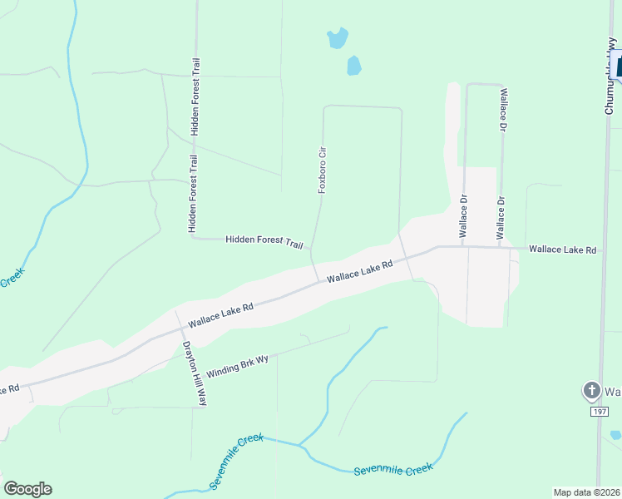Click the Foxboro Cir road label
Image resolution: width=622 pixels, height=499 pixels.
(x=322, y=170)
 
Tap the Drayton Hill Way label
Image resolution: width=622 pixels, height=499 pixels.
(x=194, y=373)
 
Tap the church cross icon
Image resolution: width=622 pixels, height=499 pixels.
(x=591, y=390)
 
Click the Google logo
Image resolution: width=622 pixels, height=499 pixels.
(x=27, y=489)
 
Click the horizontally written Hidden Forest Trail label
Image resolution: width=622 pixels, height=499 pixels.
(x=264, y=241)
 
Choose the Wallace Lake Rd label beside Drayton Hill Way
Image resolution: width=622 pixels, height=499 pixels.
(x=220, y=315)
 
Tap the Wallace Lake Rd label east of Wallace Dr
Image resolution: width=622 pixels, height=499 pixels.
(x=563, y=249)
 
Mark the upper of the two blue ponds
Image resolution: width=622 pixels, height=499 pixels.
(x=337, y=38)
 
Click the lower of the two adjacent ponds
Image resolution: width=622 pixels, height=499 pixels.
(x=354, y=65)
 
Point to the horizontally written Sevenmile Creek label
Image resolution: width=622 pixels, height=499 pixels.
(x=392, y=469)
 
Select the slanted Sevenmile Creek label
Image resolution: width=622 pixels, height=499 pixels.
(x=236, y=460)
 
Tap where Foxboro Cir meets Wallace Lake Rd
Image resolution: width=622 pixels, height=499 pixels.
(x=317, y=281)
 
